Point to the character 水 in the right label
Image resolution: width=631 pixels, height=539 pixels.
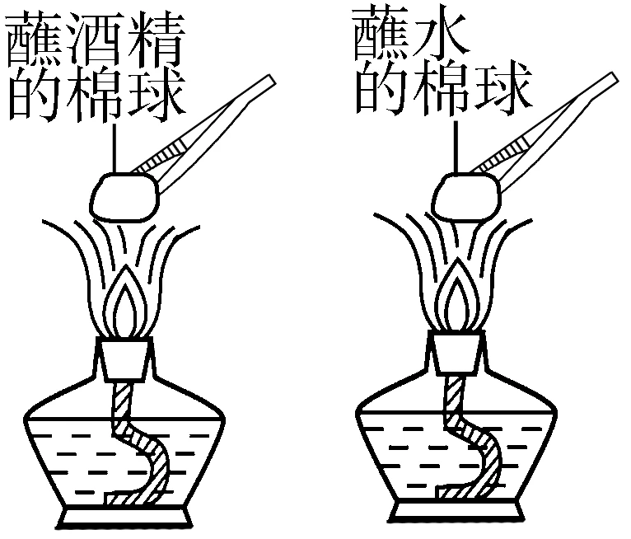coord(442,35)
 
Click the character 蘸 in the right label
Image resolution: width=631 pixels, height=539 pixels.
coord(382,35)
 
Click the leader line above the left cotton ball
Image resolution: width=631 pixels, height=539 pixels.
coord(115,148)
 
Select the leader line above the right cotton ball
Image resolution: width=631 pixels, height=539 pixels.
coord(456,147)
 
